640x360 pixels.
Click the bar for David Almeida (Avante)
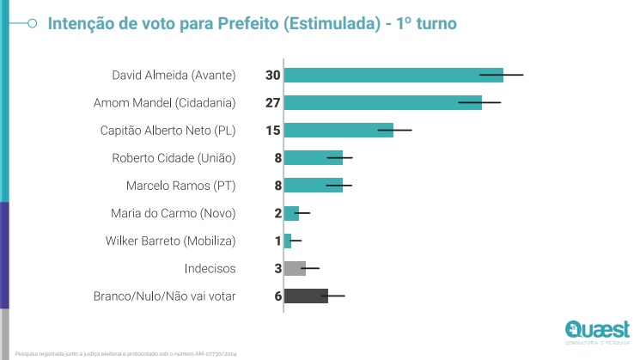coord(393,75)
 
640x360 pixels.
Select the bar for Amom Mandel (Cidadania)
coord(382,102)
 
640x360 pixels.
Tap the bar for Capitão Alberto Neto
coord(338,130)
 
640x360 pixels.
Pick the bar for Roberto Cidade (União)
coord(313,157)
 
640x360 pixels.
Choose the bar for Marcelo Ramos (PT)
coord(313,185)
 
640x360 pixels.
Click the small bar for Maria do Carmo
coord(291,212)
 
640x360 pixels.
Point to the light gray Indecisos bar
coord(295,268)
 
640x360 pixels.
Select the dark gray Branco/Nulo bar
coord(306,296)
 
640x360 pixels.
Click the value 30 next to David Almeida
coord(273,76)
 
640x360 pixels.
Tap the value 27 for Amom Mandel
coord(273,103)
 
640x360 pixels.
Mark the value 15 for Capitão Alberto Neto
coord(273,131)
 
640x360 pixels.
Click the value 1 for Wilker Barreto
coord(277,241)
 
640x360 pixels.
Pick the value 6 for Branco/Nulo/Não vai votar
coord(277,296)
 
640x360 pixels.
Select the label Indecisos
coord(210,268)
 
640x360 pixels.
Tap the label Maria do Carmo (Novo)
coord(173,213)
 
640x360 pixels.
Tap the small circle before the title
coord(31,24)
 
